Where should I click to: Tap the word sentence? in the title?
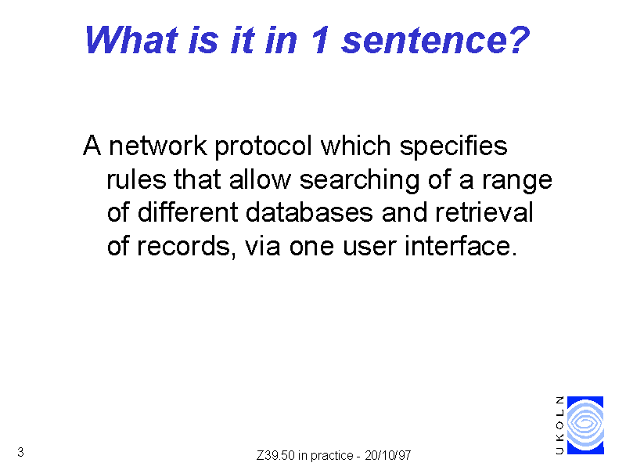coord(436,40)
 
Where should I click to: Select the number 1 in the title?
coord(321,40)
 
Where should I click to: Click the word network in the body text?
coord(158,146)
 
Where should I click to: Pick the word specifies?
coord(454,146)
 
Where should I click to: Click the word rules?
coord(136,179)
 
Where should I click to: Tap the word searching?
coord(360,181)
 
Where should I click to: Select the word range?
coord(517,182)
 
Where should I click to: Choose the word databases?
coord(309,212)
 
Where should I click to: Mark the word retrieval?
coord(484,212)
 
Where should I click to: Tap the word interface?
coord(461,246)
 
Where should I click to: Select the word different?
coord(188,212)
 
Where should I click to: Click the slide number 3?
coord(21,452)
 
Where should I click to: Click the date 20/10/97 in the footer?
coord(387,455)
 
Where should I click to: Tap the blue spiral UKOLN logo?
coord(585,425)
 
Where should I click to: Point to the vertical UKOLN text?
coord(560,425)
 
